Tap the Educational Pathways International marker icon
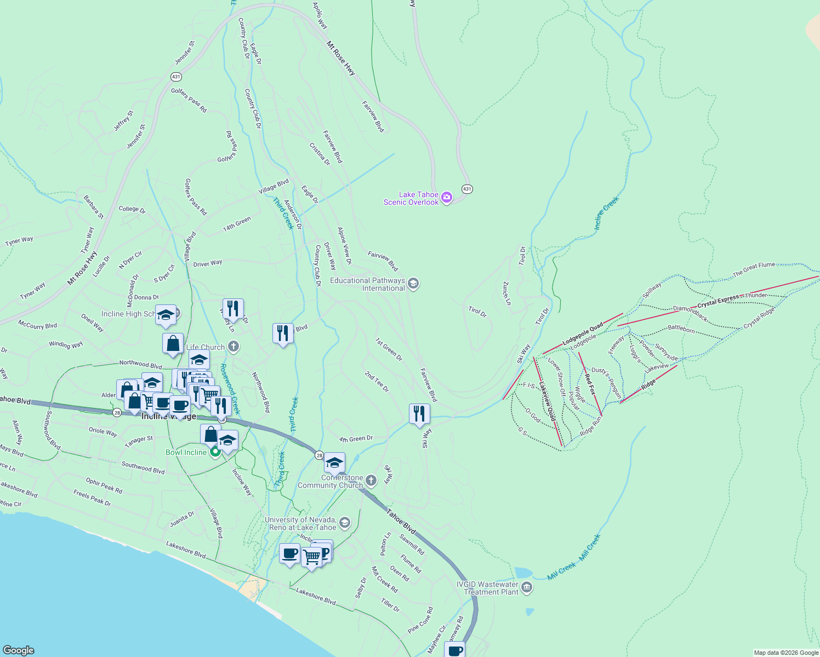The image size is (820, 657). (x=414, y=284)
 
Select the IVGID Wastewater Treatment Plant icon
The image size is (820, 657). (x=527, y=588)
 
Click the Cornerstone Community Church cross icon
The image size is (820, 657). (x=371, y=481)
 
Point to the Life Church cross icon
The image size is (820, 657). (x=234, y=347)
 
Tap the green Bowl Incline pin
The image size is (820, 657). (x=215, y=452)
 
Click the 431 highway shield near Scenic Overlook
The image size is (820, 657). (x=466, y=189)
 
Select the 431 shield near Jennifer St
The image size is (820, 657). (x=176, y=77)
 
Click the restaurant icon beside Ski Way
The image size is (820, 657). (x=419, y=413)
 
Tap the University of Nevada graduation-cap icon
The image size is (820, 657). (x=345, y=523)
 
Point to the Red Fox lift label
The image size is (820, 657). (x=590, y=383)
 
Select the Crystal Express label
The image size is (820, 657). (x=718, y=301)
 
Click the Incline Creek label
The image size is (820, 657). (x=606, y=213)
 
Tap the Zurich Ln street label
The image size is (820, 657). (x=507, y=293)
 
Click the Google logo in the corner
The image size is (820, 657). (x=19, y=650)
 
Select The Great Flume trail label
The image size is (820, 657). (x=754, y=269)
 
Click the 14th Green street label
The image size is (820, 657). (x=237, y=224)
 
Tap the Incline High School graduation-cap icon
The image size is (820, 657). (x=166, y=314)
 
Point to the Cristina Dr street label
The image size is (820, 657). (x=320, y=154)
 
